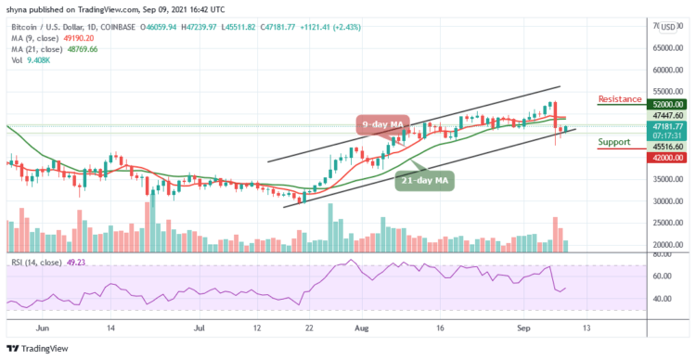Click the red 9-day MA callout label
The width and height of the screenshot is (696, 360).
(382, 123)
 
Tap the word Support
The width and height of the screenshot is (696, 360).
(615, 142)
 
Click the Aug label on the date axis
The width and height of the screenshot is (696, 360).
(361, 328)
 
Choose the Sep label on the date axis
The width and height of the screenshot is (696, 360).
(521, 328)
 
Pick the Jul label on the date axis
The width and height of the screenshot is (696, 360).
(200, 328)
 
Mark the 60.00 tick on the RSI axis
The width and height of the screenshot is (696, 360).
(661, 276)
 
